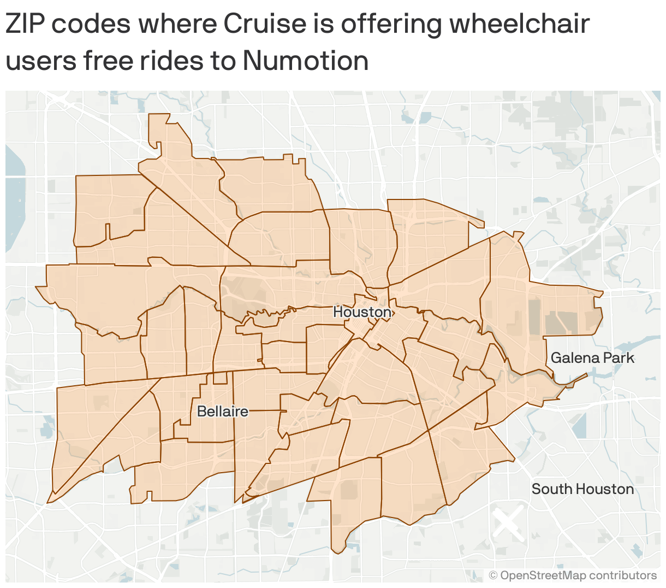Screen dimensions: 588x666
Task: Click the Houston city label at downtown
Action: pyautogui.click(x=362, y=312)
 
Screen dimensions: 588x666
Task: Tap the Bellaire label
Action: pyautogui.click(x=222, y=411)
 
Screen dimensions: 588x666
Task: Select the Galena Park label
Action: pyautogui.click(x=592, y=358)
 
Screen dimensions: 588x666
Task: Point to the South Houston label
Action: pyautogui.click(x=582, y=489)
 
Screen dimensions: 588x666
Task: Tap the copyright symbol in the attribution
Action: pyautogui.click(x=493, y=575)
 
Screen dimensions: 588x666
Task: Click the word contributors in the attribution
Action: pyautogui.click(x=623, y=575)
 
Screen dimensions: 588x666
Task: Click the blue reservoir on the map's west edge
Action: pyautogui.click(x=15, y=202)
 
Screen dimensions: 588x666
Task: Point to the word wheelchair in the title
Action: pyautogui.click(x=519, y=24)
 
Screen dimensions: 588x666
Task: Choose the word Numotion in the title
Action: pyautogui.click(x=306, y=61)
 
